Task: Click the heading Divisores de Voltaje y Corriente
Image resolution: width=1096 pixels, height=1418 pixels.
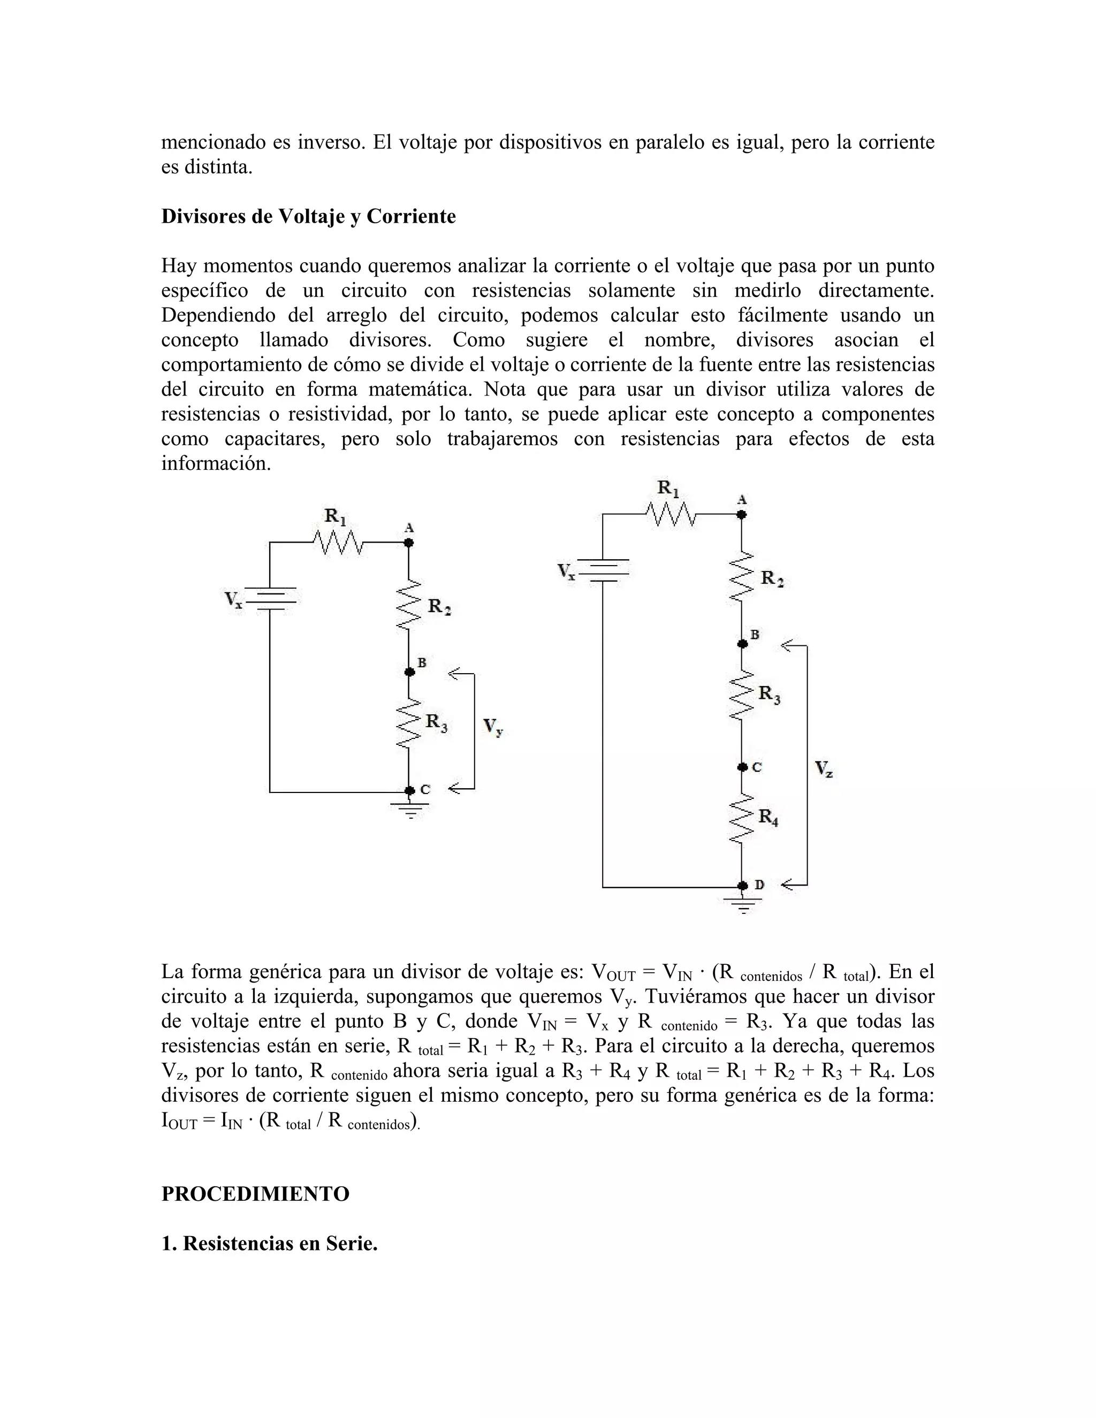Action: (x=308, y=216)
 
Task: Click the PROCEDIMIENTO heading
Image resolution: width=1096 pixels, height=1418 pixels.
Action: (x=255, y=1193)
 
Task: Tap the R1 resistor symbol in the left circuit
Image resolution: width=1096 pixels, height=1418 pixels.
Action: (x=338, y=542)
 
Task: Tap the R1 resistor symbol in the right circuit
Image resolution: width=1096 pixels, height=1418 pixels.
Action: (x=671, y=514)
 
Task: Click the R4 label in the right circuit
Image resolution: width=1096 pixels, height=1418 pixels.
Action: (x=769, y=818)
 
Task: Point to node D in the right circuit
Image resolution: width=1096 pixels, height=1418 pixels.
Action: (x=743, y=886)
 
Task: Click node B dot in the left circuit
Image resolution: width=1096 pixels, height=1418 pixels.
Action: (x=409, y=672)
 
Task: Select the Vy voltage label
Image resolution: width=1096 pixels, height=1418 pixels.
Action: (x=493, y=727)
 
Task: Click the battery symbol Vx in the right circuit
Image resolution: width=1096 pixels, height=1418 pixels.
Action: (x=603, y=570)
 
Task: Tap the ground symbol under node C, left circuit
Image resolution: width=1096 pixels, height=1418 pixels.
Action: (x=409, y=810)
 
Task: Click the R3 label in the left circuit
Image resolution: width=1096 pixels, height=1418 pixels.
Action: (x=436, y=722)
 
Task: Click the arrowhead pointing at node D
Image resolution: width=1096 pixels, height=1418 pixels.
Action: (x=789, y=885)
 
